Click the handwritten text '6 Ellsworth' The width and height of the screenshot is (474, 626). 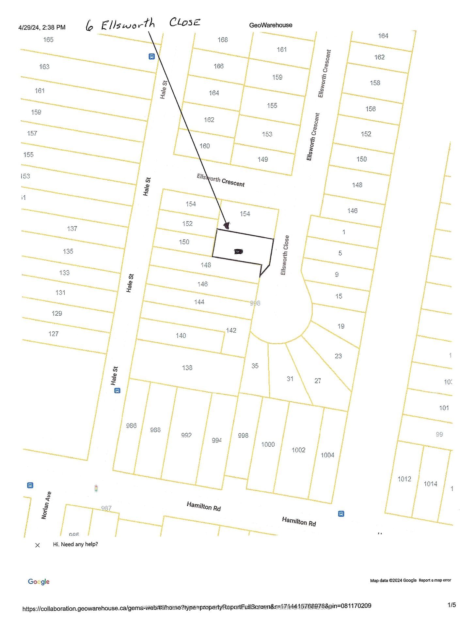coord(120,25)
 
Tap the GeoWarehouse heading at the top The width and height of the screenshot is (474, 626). coord(271,25)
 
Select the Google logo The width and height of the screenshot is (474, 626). coord(39,582)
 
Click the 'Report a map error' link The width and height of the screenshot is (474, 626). coord(435,580)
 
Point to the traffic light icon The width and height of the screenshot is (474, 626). coord(96,488)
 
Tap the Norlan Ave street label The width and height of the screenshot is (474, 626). coord(46,505)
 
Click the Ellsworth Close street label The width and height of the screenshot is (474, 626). coord(285,255)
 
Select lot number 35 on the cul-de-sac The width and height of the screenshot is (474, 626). coord(255,366)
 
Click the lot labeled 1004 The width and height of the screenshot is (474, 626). coord(327,455)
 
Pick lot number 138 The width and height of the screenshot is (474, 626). coord(187,368)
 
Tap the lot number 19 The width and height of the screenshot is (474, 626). coord(341,326)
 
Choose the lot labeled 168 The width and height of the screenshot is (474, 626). coord(223,40)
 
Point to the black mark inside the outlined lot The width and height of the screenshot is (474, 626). coord(239,251)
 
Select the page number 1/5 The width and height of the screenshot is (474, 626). coord(451,605)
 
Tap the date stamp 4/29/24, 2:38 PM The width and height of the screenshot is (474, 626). coord(42,27)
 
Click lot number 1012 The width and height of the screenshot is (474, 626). coord(404,479)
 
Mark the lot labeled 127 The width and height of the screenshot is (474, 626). coord(54,334)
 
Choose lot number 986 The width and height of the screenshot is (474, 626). coord(131,425)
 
